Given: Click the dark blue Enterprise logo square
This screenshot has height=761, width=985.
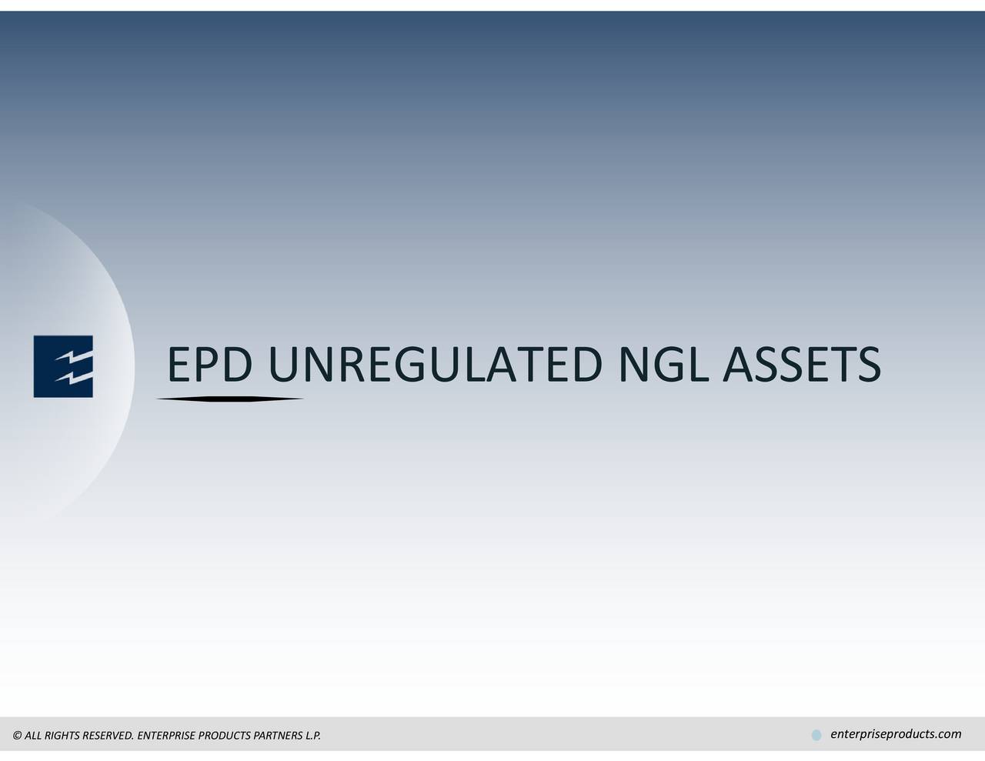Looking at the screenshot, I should pos(63,366).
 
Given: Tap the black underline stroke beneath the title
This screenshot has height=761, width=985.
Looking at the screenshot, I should pos(230,399).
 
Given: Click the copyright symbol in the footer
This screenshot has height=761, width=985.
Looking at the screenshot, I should pos(17,736).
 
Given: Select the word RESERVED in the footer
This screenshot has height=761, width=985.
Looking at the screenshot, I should pos(107,736).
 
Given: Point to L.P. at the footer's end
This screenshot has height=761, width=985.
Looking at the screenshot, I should pos(312,736).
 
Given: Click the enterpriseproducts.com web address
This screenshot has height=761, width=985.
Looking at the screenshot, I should pos(896,734).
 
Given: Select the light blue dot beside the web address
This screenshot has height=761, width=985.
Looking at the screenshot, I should pos(816,736).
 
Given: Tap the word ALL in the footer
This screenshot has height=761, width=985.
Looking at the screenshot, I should pos(33,736).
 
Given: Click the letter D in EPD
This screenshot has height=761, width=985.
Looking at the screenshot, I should pos(235,365).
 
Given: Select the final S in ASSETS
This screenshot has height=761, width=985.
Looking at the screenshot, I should pos(867,365).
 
